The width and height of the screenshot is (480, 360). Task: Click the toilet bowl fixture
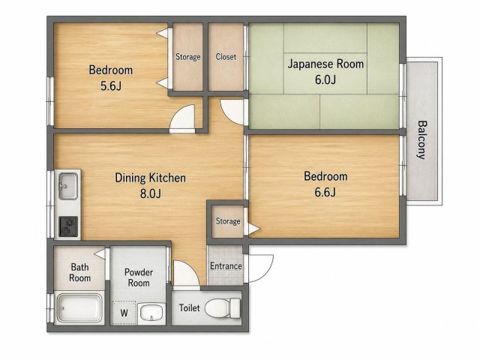[223, 308]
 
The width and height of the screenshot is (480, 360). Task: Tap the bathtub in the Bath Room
[79, 308]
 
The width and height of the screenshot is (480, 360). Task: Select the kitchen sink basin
[68, 186]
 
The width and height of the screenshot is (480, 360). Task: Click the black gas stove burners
[68, 226]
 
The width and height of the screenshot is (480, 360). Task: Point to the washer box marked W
[124, 313]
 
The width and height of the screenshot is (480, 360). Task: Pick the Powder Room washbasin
[151, 313]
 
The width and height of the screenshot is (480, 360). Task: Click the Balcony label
[422, 140]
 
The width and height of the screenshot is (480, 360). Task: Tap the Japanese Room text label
[325, 64]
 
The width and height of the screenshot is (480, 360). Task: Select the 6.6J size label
[325, 192]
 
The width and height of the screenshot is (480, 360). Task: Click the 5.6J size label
[111, 86]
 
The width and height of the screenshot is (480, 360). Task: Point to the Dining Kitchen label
[150, 178]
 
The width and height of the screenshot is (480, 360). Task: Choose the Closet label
[226, 57]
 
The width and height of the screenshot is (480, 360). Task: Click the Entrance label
[226, 266]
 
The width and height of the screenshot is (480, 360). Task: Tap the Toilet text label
[190, 307]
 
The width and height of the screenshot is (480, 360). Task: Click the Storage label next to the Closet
[188, 57]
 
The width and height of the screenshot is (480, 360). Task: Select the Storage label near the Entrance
[228, 221]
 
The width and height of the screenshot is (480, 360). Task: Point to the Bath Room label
[80, 272]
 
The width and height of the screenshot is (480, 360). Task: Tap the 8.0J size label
[150, 193]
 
